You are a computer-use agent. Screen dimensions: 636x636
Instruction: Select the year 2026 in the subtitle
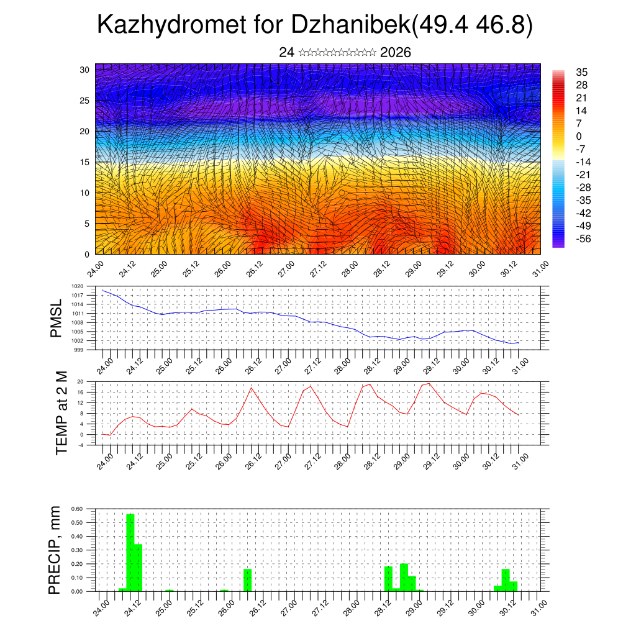coord(395,52)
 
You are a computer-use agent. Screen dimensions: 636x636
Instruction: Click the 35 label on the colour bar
coord(582,72)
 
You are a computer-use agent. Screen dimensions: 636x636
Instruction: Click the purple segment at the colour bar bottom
coord(558,244)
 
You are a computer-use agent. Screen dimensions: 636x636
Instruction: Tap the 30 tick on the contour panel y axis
coord(84,70)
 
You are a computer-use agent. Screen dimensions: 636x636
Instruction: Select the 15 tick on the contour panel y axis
coord(84,162)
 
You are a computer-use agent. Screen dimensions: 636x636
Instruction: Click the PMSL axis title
coord(57,317)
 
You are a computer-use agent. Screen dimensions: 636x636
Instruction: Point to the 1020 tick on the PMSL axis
coord(87,286)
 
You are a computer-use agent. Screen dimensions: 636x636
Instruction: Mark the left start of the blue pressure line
coord(103,290)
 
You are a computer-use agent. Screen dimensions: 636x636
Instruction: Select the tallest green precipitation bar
coord(130,552)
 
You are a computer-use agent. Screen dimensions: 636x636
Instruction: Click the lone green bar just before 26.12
coord(247,579)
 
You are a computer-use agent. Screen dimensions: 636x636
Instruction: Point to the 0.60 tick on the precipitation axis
coord(77,509)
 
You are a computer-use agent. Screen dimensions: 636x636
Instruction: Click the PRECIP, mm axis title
coord(57,550)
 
